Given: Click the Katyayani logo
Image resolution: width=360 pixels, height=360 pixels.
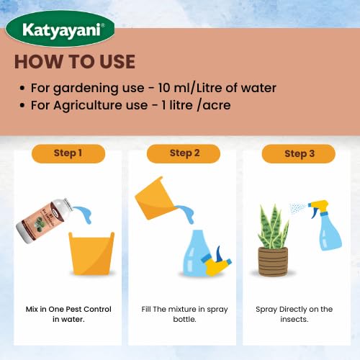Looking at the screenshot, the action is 60,29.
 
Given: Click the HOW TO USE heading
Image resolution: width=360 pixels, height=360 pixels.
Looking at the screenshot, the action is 75,62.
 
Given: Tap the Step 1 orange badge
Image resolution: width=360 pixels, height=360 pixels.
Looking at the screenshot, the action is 68,153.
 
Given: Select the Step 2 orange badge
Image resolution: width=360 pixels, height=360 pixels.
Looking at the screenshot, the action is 184,153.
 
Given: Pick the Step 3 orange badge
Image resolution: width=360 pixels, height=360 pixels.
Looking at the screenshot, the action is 299,153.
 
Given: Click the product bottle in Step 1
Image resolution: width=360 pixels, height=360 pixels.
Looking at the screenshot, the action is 44,220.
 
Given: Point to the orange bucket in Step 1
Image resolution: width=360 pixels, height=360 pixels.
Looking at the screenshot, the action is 91,253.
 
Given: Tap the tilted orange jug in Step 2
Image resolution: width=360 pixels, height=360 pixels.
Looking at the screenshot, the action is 156,199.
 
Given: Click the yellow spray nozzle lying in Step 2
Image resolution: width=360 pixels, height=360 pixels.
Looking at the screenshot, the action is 216,261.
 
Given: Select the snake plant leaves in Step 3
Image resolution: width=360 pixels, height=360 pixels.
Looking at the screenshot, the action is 273,227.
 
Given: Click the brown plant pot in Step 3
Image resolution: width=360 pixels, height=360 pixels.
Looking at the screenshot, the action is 273,261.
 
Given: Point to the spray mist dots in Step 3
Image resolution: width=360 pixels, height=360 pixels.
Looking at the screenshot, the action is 297,208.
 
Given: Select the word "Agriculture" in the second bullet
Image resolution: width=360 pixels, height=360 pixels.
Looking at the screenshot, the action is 89,105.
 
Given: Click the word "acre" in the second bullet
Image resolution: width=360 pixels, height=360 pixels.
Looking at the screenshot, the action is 217,106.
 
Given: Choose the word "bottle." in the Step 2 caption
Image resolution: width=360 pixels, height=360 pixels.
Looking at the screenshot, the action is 184,319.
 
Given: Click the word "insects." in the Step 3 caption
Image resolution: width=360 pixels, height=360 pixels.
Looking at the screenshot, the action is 294,319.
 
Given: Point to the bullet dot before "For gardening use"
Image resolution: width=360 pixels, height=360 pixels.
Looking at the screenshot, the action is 22,88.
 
